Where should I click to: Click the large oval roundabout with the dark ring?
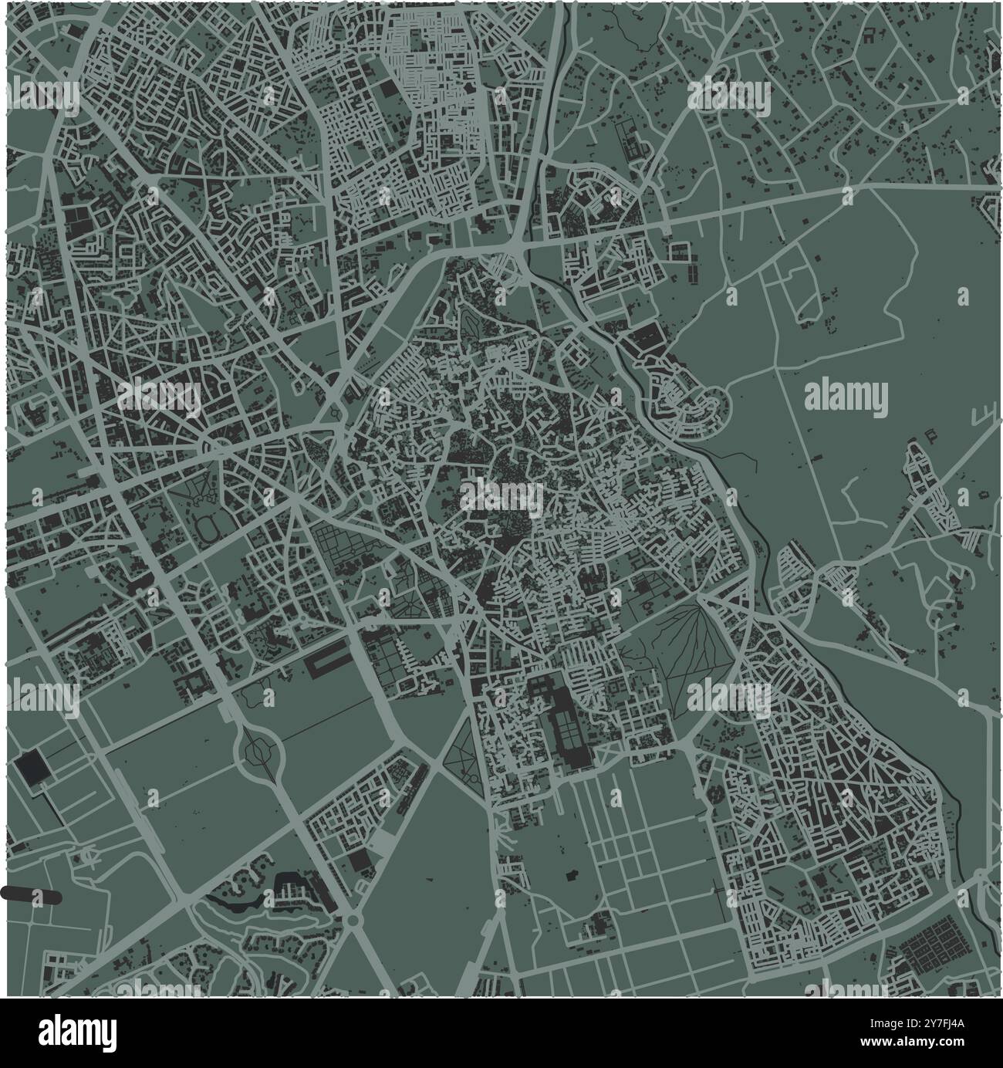click(256, 748)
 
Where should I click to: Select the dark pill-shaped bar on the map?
click(31, 894)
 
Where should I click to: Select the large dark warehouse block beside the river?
click(647, 337)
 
